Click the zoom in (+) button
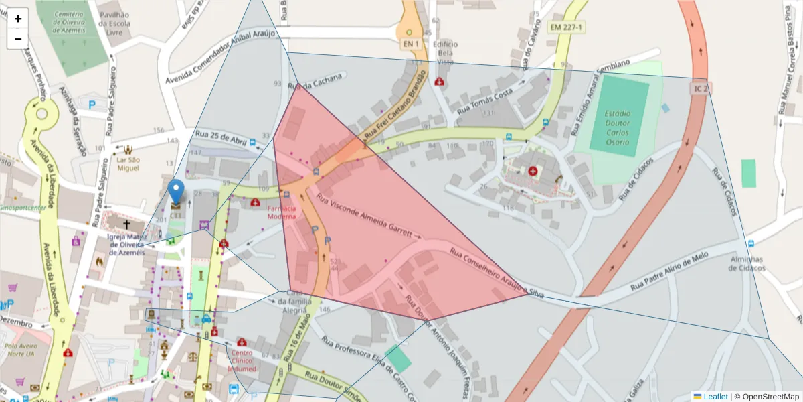[x=18, y=19]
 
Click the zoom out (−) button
[x=18, y=39]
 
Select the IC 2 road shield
[x=701, y=88]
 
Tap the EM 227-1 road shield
[x=566, y=27]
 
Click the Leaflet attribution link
[x=715, y=397]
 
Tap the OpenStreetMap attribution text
[x=766, y=397]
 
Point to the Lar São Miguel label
[x=128, y=163]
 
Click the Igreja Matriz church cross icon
[x=126, y=226]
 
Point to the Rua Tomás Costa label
[x=484, y=100]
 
